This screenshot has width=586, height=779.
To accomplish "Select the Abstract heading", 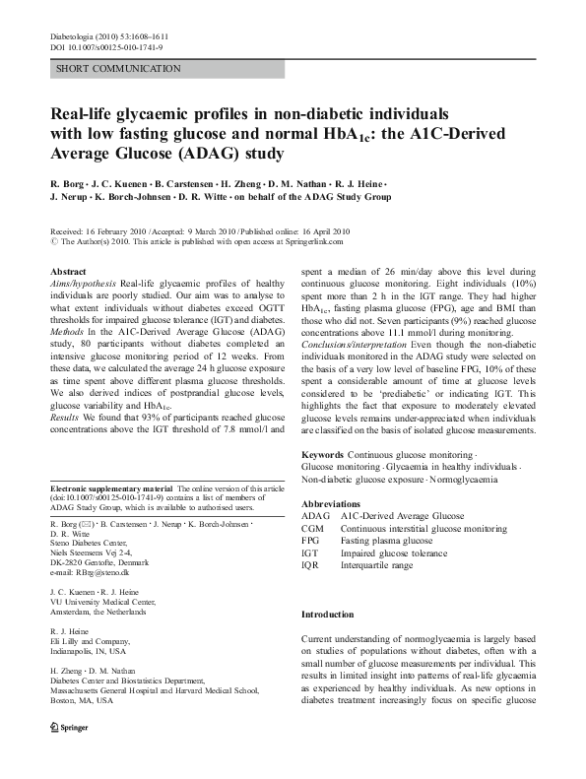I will pyautogui.click(x=69, y=270).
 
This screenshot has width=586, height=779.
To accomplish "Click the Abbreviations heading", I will pyautogui.click(x=335, y=502).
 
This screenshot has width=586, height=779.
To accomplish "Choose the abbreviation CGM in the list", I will pyautogui.click(x=313, y=529).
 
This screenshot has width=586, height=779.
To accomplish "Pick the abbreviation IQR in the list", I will pyautogui.click(x=311, y=567).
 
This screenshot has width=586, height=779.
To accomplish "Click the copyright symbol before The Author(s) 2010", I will pyautogui.click(x=53, y=239).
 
